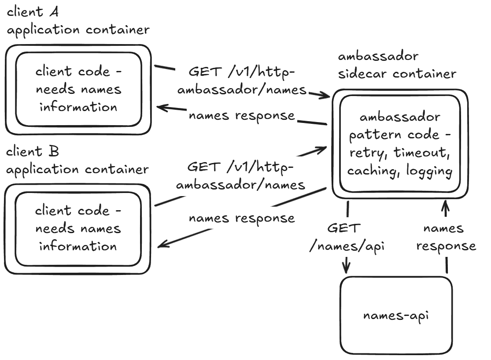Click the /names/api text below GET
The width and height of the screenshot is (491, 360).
pyautogui.click(x=347, y=246)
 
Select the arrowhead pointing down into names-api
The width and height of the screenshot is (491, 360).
pyautogui.click(x=347, y=268)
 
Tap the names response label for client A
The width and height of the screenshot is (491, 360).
pyautogui.click(x=242, y=115)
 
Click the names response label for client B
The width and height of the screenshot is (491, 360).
pyautogui.click(x=242, y=218)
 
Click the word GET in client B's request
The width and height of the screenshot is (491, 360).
pyautogui.click(x=204, y=167)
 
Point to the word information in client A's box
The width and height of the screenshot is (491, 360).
pyautogui.click(x=78, y=107)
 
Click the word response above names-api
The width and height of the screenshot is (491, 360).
pyautogui.click(x=446, y=246)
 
